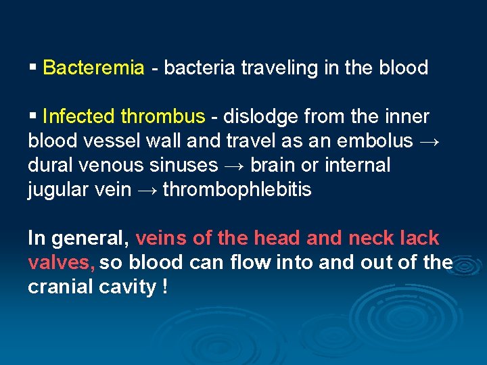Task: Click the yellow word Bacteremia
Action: pyautogui.click(x=93, y=68)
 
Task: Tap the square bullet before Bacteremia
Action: pyautogui.click(x=32, y=68)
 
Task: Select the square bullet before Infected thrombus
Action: pyautogui.click(x=32, y=116)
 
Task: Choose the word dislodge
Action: pyautogui.click(x=260, y=116)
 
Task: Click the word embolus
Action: pyautogui.click(x=379, y=141)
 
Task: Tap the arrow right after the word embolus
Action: pyautogui.click(x=430, y=141)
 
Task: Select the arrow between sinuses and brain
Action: pyautogui.click(x=234, y=165)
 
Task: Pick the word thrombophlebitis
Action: pyautogui.click(x=237, y=189)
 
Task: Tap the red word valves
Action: pyautogui.click(x=62, y=262)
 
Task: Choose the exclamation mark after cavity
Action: pyautogui.click(x=165, y=287)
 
